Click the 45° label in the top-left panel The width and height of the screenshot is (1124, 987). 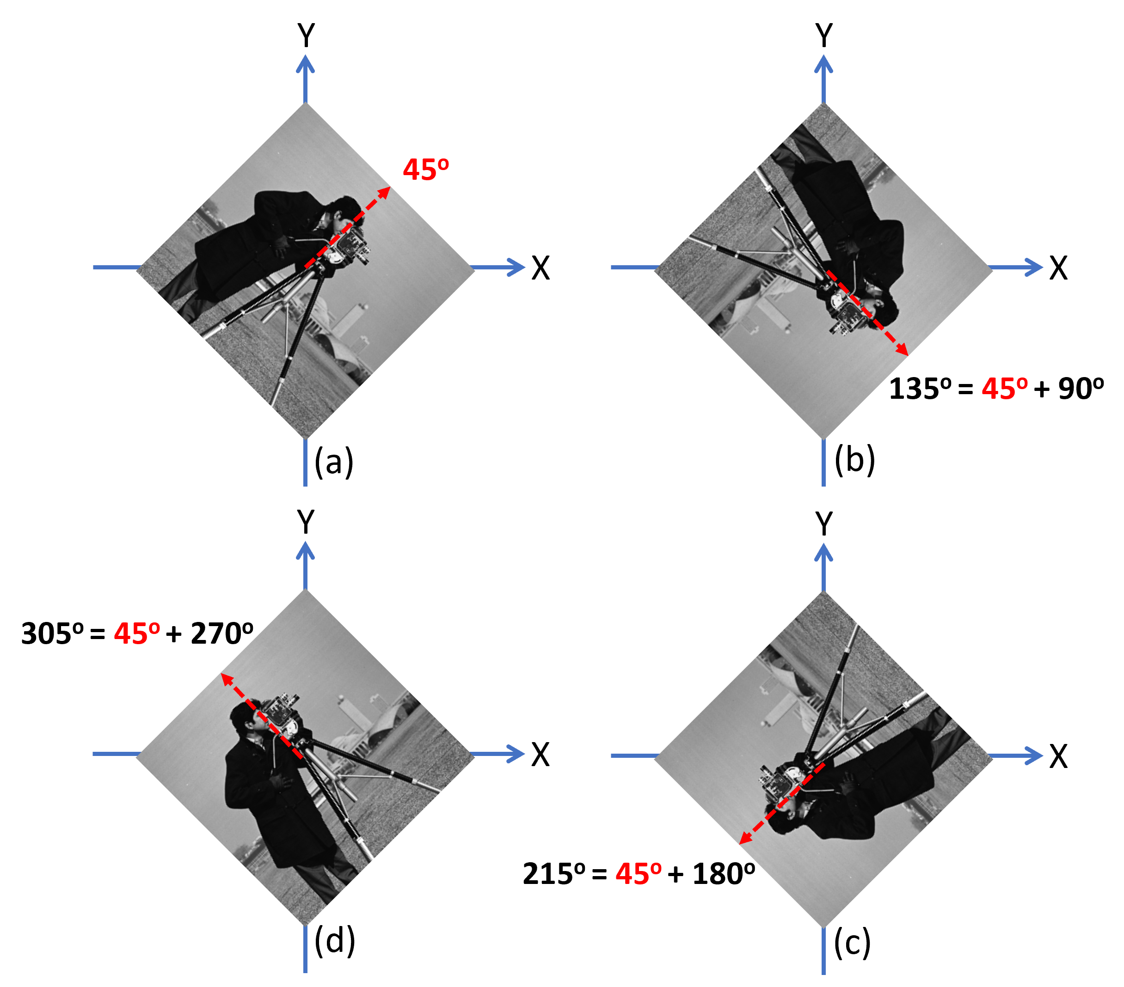(x=426, y=170)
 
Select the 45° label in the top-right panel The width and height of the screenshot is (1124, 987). (x=1005, y=389)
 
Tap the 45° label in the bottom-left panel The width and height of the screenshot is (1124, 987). (x=137, y=634)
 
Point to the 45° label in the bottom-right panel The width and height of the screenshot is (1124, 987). (x=639, y=874)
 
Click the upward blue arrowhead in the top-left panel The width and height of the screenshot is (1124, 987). (x=305, y=63)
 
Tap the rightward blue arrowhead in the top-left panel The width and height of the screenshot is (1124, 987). (x=517, y=267)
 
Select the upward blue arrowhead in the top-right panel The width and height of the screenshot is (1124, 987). (x=823, y=63)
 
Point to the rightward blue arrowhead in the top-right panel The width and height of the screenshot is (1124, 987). (x=1035, y=267)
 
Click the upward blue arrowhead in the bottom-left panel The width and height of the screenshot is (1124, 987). (x=305, y=550)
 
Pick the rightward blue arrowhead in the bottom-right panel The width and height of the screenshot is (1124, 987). (x=1035, y=755)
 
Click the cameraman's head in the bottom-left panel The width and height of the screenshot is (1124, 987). (x=244, y=717)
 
